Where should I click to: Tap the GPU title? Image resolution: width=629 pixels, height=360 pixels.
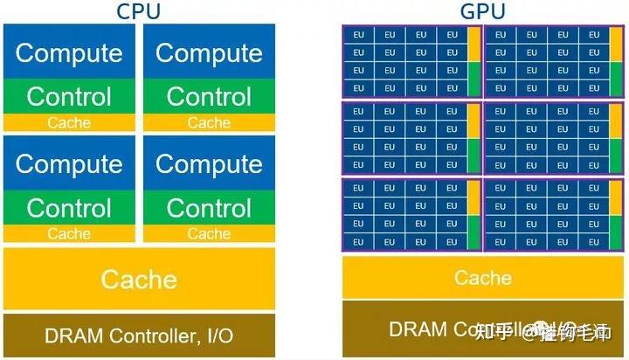(x=482, y=11)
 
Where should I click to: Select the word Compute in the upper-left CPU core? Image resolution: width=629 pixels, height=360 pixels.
(x=69, y=52)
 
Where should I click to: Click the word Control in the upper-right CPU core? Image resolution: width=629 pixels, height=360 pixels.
(x=209, y=96)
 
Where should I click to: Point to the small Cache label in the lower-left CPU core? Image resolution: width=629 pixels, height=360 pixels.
(x=69, y=234)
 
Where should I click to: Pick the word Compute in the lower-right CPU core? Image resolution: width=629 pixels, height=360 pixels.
(x=209, y=163)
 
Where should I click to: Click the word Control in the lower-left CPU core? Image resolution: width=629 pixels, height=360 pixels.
(x=69, y=208)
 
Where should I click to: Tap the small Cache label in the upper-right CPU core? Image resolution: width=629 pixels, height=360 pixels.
(x=209, y=123)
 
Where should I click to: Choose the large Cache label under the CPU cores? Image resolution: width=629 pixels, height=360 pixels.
(x=139, y=280)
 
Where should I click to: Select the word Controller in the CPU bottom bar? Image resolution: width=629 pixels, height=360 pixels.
(x=144, y=336)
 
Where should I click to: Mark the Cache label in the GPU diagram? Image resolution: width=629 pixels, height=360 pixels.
(x=482, y=278)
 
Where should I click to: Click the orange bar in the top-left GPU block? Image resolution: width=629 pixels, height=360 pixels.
(x=473, y=45)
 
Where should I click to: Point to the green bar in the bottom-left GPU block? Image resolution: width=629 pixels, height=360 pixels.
(x=473, y=232)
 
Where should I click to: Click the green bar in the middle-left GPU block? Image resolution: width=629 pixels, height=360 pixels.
(x=473, y=156)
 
